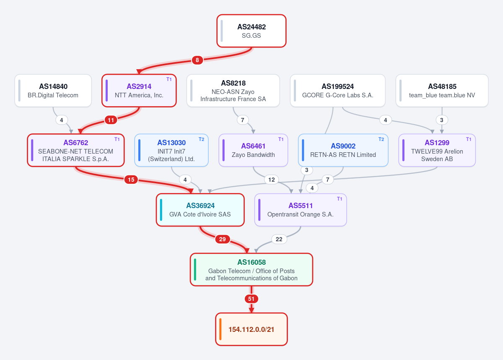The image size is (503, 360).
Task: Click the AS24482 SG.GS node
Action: point(251,31)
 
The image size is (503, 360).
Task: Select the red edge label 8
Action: point(197,60)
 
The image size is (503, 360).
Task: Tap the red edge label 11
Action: point(111,120)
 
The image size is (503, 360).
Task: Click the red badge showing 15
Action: point(131,180)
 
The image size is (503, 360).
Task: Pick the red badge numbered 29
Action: point(222,239)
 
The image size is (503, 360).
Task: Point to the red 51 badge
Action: point(251,299)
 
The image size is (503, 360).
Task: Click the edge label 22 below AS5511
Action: point(279,239)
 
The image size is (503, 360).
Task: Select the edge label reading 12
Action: point(272,180)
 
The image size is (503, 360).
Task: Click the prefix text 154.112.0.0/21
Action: point(251,329)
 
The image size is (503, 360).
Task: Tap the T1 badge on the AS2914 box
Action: point(169,79)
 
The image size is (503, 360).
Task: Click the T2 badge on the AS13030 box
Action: point(202,139)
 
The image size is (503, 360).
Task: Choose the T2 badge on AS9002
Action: point(381,139)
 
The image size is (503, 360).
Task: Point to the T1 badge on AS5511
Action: point(340,199)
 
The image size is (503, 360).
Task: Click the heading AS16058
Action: point(251,262)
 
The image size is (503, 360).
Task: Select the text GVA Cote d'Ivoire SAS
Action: point(200,214)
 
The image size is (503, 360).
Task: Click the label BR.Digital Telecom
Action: point(53,95)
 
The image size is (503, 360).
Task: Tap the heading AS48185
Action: point(442,86)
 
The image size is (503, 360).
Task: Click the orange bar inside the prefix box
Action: point(220,329)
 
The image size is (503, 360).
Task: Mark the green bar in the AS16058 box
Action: point(195,270)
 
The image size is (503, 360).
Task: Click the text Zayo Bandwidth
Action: point(253,155)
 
